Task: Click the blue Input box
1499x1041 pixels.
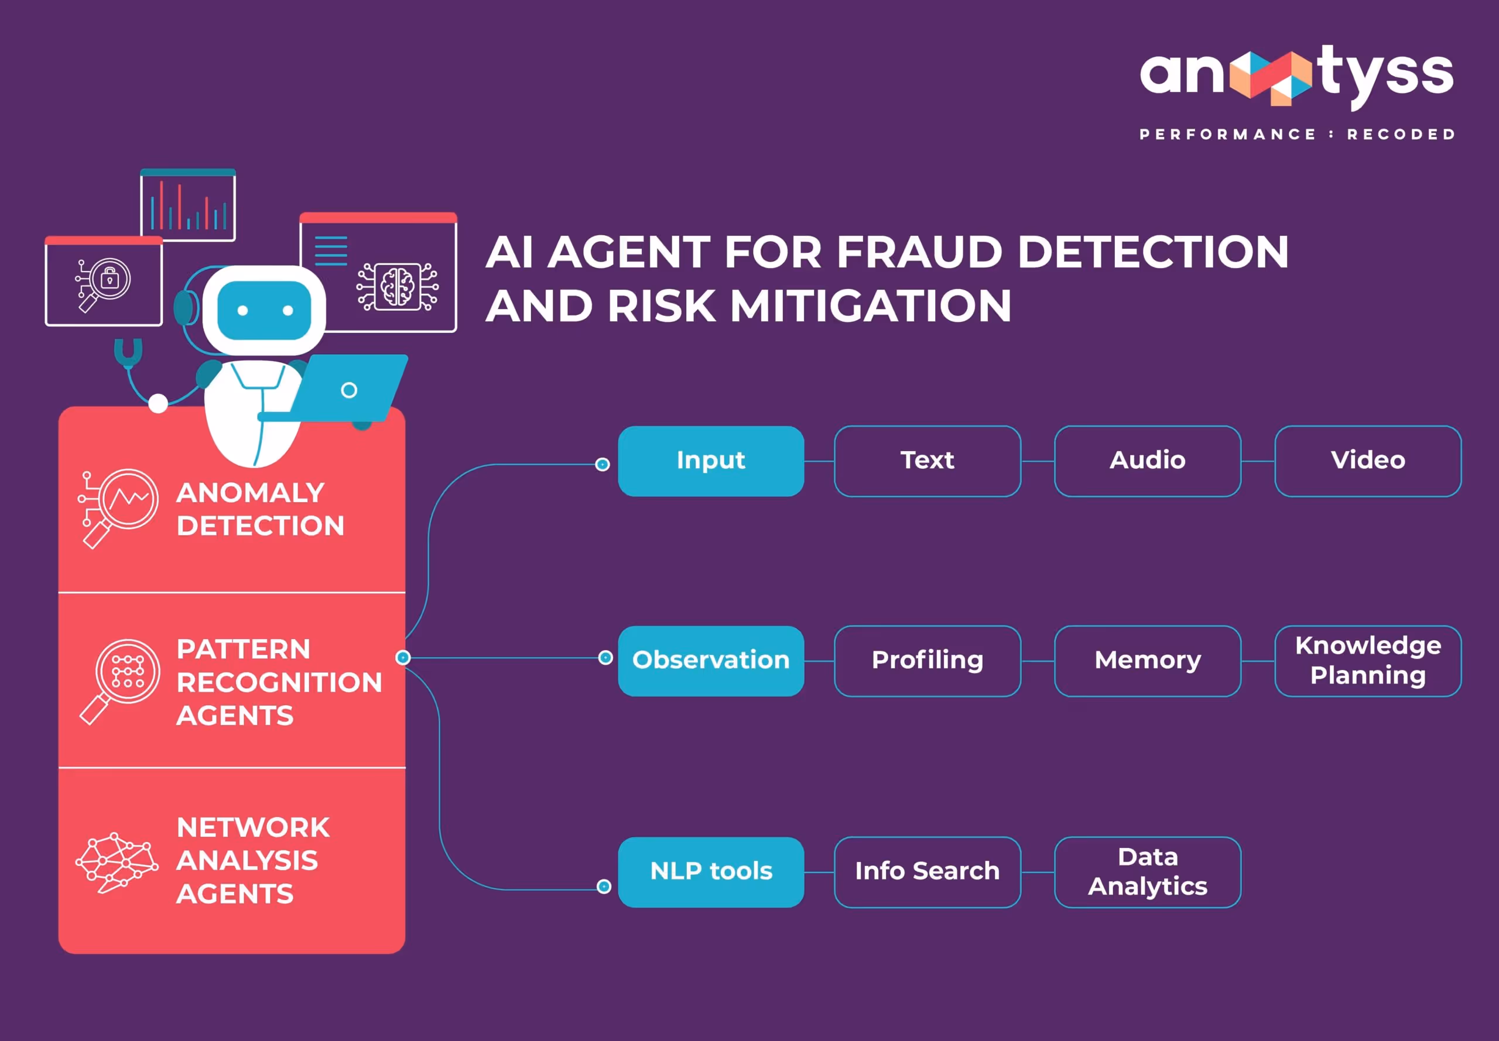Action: (711, 461)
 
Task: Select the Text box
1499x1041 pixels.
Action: (927, 461)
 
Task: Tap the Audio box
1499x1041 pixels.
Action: (1147, 461)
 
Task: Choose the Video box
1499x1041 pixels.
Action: (1367, 461)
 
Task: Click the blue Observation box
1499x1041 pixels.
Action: (711, 661)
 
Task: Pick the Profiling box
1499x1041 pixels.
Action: (927, 661)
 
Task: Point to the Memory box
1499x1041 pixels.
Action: (1147, 661)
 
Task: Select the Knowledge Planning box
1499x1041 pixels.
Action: (1367, 661)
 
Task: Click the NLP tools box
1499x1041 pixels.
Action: (711, 872)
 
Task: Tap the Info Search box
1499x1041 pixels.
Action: (927, 872)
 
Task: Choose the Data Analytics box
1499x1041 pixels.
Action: (1147, 872)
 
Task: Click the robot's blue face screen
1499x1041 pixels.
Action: (264, 311)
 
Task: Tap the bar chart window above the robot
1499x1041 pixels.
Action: (188, 205)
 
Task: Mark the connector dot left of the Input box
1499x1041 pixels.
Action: (603, 465)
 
